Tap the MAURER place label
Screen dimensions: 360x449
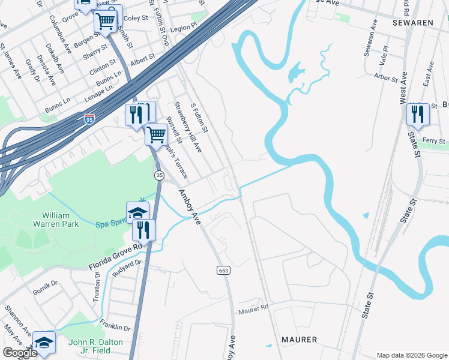(300, 340)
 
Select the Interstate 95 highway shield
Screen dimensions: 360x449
(89, 119)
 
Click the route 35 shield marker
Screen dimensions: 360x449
(159, 175)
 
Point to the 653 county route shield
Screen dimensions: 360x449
(223, 271)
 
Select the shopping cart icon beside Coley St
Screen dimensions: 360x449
(106, 22)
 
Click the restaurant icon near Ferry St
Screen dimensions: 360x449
(417, 114)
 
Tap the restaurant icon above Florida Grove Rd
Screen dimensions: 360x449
(143, 230)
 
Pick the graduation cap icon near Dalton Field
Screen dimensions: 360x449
(44, 343)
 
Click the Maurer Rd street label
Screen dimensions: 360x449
(253, 311)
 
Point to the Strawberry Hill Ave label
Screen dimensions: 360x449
(188, 127)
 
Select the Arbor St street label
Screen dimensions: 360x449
(385, 78)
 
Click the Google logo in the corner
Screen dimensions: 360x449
(19, 353)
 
